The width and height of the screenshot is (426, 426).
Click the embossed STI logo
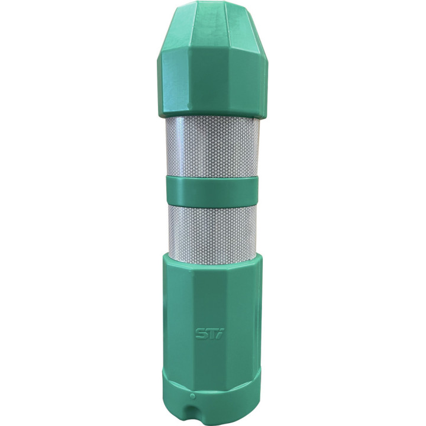209,334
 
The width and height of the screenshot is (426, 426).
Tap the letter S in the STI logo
201,334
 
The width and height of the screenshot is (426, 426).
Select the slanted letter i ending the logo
220,334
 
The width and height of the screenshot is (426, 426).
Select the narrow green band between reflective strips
212,190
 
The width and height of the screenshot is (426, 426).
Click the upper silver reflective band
212,147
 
